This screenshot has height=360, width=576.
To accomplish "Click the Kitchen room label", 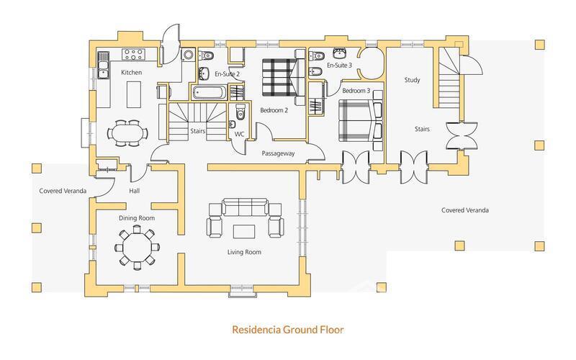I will click(x=131, y=73).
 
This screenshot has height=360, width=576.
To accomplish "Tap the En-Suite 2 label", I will click(x=228, y=73).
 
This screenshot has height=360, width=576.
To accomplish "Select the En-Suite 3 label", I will click(x=339, y=66).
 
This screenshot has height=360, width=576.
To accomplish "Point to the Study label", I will click(x=412, y=80).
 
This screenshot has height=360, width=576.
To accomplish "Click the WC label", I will click(x=239, y=133).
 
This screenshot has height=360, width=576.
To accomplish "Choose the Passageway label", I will click(x=276, y=153).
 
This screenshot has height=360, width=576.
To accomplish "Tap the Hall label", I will click(x=134, y=191).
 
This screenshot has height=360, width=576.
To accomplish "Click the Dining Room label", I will click(x=137, y=217).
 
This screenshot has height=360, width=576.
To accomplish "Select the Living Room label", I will click(x=243, y=252).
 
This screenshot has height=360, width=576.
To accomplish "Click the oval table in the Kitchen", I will click(x=127, y=132).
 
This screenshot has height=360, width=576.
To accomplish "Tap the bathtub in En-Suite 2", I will click(x=209, y=92).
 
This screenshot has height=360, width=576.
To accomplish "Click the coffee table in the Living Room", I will click(x=243, y=230).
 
